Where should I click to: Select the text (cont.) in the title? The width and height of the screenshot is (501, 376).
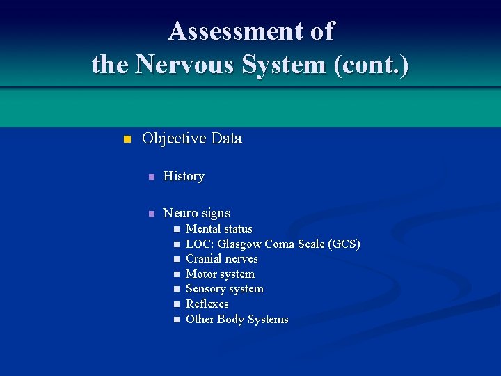point(372,65)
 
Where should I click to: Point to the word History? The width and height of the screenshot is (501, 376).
point(184,176)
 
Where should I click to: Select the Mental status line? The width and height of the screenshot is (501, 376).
point(218,228)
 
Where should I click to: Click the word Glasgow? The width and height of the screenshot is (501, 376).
point(240,244)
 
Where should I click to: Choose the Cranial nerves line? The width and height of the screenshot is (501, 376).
point(221,259)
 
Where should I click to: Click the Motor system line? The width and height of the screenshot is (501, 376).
point(220,274)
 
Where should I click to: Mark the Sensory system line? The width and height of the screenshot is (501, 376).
point(224,289)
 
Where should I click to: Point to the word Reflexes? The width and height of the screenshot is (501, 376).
point(207,304)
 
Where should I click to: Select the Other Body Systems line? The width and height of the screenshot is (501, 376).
point(237,320)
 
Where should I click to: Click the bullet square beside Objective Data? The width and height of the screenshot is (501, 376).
point(126,139)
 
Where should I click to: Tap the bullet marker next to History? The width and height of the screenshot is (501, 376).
point(150,177)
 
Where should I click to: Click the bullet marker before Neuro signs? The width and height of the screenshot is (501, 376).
point(150,214)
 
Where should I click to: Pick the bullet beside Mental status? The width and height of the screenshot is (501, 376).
point(176,229)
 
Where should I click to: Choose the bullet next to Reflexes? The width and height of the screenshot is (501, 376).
point(176,304)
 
